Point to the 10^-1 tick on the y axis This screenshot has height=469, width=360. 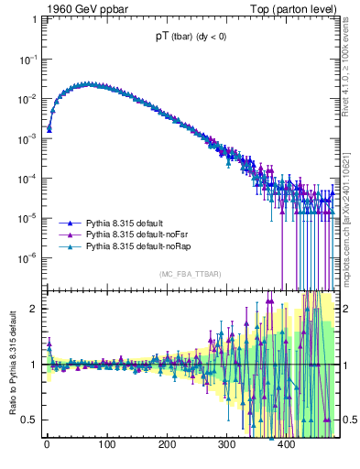pyautogui.click(x=27, y=59)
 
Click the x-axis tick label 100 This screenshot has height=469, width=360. pyautogui.click(x=106, y=445)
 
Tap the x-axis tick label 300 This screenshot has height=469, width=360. pyautogui.click(x=226, y=445)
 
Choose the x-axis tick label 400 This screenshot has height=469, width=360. pyautogui.click(x=286, y=445)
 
